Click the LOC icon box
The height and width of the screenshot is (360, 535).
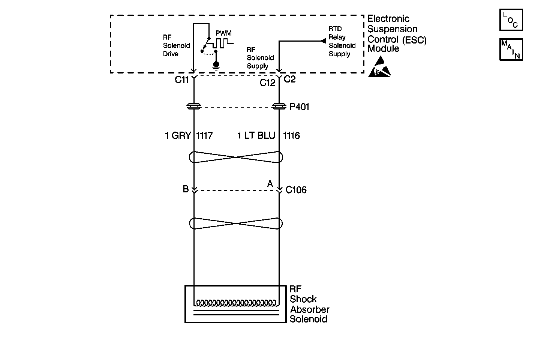[x=511, y=20]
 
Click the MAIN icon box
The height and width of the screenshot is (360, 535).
[x=511, y=49]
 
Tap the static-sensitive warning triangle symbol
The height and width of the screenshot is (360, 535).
[x=379, y=67]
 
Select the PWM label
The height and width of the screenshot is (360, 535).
[x=223, y=33]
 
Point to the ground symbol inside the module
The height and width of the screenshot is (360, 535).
[x=216, y=65]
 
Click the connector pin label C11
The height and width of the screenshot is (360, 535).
[x=182, y=80]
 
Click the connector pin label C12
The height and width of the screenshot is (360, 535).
[x=267, y=83]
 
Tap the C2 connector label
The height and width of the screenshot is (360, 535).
[x=290, y=79]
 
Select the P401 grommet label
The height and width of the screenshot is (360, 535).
[x=300, y=107]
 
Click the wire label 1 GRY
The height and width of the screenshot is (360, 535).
[x=178, y=135]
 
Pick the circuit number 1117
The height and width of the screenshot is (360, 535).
[x=204, y=135]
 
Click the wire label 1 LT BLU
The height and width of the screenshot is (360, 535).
[x=256, y=135]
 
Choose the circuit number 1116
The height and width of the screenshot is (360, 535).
[x=291, y=135]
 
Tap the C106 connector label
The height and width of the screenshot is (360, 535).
[x=296, y=190]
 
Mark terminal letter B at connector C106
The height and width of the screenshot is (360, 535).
[x=186, y=189]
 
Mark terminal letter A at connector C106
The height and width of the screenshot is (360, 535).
[x=270, y=184]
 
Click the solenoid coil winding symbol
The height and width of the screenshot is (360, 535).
[x=237, y=302]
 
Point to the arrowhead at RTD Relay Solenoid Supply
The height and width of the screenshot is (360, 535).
[x=323, y=40]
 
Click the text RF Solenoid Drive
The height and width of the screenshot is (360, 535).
[x=176, y=45]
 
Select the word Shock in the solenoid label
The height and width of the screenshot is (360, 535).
[x=303, y=299]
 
